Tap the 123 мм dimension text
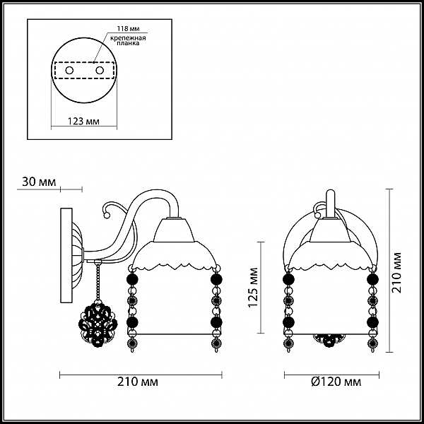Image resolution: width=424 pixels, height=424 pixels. tap(83, 122)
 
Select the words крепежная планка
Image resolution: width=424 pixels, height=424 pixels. tap(128, 40)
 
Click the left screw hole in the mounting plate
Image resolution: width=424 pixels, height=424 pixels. tap(69, 71)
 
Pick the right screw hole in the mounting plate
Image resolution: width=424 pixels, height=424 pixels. tap(100, 71)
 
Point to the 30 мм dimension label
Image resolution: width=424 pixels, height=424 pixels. tap(39, 182)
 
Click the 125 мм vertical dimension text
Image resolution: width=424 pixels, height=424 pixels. tap(254, 287)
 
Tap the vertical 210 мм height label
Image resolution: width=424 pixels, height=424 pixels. tap(396, 273)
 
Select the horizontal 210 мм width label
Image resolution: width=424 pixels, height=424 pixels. tap(138, 382)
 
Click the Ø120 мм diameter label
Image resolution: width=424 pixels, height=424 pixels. tap(336, 382)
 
